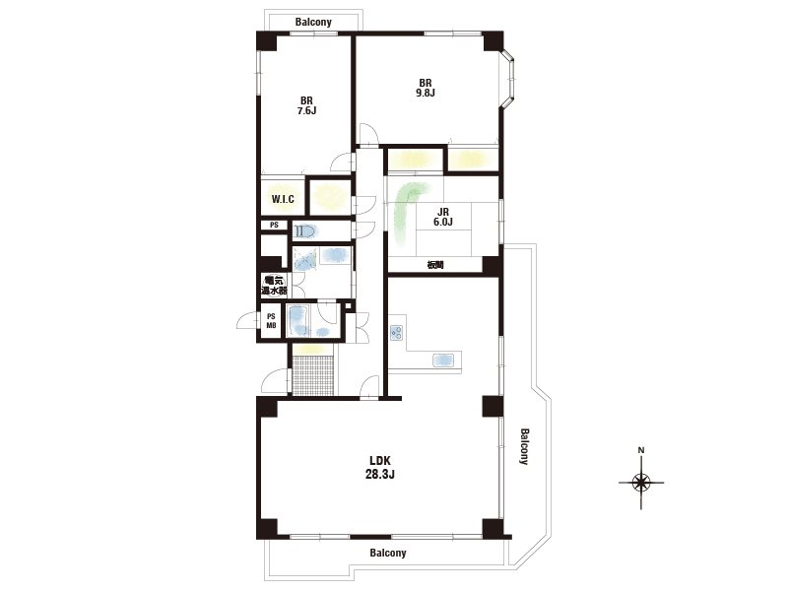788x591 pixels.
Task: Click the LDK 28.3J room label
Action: click(380, 467)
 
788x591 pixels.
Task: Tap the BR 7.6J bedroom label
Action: click(306, 105)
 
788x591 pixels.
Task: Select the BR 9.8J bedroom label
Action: click(426, 88)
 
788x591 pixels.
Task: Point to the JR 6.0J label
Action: click(442, 217)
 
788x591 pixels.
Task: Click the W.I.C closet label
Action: click(283, 199)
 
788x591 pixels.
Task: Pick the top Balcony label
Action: click(313, 22)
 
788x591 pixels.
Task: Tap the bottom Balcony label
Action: click(388, 553)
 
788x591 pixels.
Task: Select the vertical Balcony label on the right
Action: click(524, 446)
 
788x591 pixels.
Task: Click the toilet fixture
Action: click(304, 231)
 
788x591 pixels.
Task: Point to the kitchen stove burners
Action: click(396, 332)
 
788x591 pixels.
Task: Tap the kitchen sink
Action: click(443, 360)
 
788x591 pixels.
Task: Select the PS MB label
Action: click(271, 321)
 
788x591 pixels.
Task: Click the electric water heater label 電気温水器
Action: click(275, 286)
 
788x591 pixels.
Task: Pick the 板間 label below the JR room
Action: click(435, 265)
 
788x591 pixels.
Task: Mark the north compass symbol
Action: click(641, 483)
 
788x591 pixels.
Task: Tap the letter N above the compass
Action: click(641, 450)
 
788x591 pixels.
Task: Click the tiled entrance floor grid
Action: click(312, 375)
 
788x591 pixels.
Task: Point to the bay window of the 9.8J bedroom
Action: click(509, 79)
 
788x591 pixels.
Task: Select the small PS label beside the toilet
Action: click(274, 226)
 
